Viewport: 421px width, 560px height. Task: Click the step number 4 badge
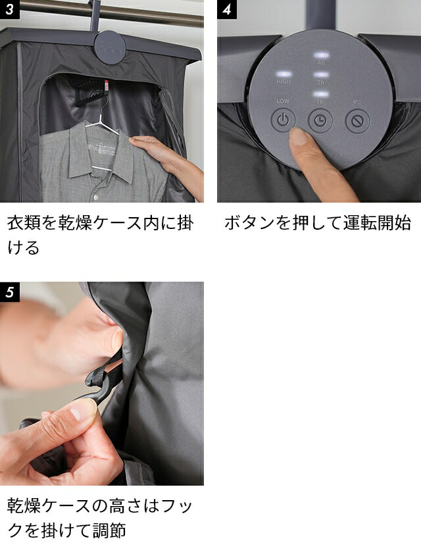pos(227,10)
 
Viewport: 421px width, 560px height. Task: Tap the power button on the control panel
pos(282,120)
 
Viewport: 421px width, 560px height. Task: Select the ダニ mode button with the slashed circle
pos(357,121)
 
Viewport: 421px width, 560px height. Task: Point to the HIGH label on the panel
pos(284,82)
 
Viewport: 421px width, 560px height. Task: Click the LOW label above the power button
pos(282,101)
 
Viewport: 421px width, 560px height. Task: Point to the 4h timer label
pos(320,64)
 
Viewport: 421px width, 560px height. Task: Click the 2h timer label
pos(320,83)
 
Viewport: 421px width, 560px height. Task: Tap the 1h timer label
pos(320,102)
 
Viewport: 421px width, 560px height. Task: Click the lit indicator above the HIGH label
pos(284,73)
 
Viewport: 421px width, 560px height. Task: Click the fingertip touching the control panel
pos(300,137)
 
